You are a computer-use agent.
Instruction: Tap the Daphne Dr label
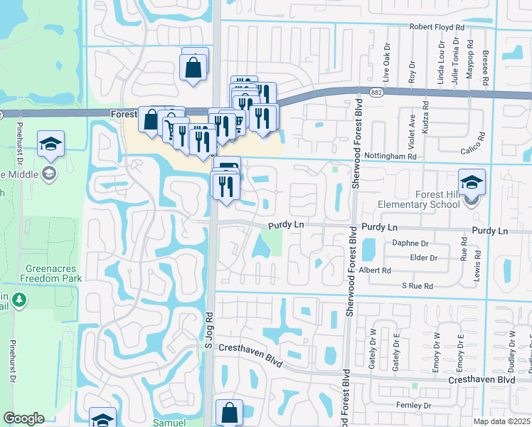[410, 243]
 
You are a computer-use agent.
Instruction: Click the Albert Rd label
[376, 270]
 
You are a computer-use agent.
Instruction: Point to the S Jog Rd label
[208, 332]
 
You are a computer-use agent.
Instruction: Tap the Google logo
[23, 418]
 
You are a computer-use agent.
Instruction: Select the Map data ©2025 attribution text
[501, 421]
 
